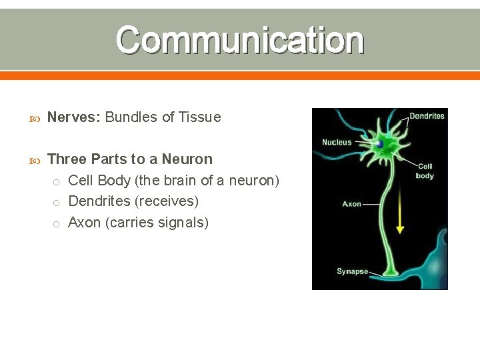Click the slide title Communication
pyautogui.click(x=240, y=40)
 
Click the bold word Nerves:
pyautogui.click(x=74, y=117)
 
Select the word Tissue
pyautogui.click(x=199, y=117)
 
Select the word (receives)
pyautogui.click(x=167, y=201)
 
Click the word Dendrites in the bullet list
pyautogui.click(x=100, y=201)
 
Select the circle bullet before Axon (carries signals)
pyautogui.click(x=57, y=223)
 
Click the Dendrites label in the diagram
pyautogui.click(x=427, y=116)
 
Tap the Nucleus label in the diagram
pyautogui.click(x=337, y=142)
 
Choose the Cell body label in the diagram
pyautogui.click(x=425, y=171)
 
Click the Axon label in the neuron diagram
pyautogui.click(x=351, y=204)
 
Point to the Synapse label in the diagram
pyautogui.click(x=352, y=271)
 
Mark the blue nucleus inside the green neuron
pyautogui.click(x=379, y=143)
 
